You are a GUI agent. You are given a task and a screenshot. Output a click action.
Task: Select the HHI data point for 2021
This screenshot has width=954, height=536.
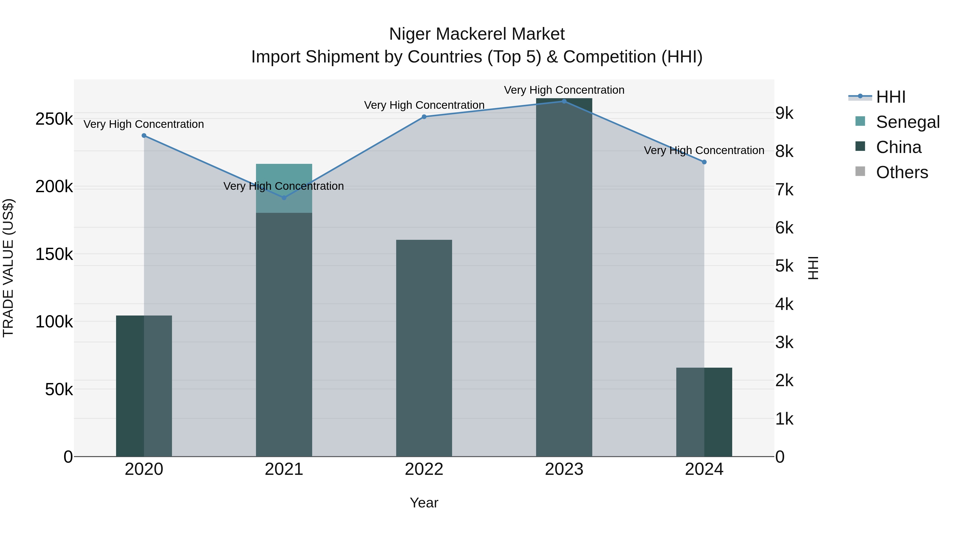pyautogui.click(x=284, y=198)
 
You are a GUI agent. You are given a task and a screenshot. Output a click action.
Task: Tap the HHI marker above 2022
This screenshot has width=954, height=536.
pyautogui.click(x=424, y=117)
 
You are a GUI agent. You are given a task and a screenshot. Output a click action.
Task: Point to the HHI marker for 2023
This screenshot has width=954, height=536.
pyautogui.click(x=564, y=101)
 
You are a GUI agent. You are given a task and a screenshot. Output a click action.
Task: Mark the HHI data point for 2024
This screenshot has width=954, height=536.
pyautogui.click(x=704, y=162)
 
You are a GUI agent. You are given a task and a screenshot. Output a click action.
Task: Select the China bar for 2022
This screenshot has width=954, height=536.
pyautogui.click(x=424, y=348)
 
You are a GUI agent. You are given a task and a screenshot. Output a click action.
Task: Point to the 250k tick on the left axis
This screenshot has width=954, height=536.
pyautogui.click(x=54, y=119)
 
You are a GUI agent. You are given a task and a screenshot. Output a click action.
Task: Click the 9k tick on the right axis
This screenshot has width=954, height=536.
pyautogui.click(x=784, y=114)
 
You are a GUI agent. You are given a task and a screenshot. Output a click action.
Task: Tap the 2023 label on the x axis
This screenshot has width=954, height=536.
pyautogui.click(x=564, y=469)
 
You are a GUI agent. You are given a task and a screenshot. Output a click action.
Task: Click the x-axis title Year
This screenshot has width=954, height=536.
pyautogui.click(x=424, y=503)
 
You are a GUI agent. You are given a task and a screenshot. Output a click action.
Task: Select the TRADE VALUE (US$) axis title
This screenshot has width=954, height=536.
pyautogui.click(x=8, y=268)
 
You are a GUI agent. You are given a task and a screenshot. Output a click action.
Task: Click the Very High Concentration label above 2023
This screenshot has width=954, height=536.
pyautogui.click(x=564, y=90)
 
